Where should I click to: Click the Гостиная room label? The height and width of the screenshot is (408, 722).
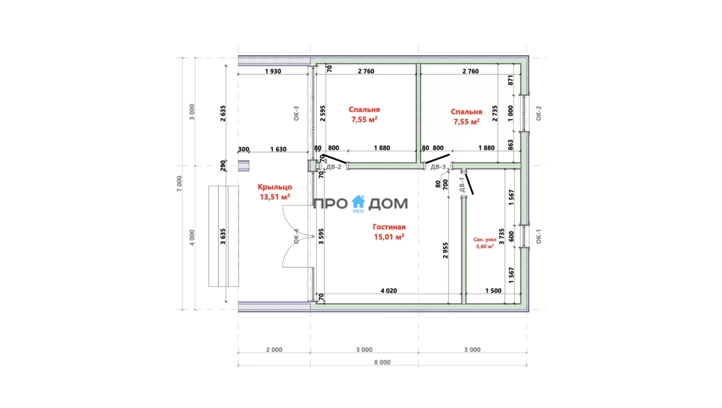tap(389, 227)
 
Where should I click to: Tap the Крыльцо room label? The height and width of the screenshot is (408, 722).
tap(275, 187)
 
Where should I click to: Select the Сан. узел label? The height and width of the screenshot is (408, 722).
tap(485, 240)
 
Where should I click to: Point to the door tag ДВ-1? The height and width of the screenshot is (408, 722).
tap(462, 185)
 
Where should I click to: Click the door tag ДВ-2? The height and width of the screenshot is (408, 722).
tap(334, 167)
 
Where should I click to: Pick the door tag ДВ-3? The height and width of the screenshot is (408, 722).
tap(438, 167)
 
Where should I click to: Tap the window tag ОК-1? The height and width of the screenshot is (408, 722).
tap(538, 236)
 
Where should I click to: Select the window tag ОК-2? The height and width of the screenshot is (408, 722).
tap(538, 113)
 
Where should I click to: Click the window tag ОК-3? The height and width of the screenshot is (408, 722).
tap(296, 113)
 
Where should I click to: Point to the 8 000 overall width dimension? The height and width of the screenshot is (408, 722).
tap(382, 362)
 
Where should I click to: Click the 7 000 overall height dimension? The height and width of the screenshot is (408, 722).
tap(179, 184)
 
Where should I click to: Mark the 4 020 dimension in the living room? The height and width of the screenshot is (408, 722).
tap(389, 291)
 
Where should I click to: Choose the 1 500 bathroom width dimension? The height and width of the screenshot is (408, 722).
tap(493, 291)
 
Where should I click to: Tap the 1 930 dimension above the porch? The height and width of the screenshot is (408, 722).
tap(273, 71)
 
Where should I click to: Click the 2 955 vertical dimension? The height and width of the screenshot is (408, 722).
tap(445, 250)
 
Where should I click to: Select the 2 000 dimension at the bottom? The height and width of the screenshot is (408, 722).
tap(274, 350)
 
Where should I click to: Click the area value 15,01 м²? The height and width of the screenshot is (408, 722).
tap(389, 237)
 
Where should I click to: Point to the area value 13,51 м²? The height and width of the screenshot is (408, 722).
tap(275, 197)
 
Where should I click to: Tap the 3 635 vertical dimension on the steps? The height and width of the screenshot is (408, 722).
tap(223, 236)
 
